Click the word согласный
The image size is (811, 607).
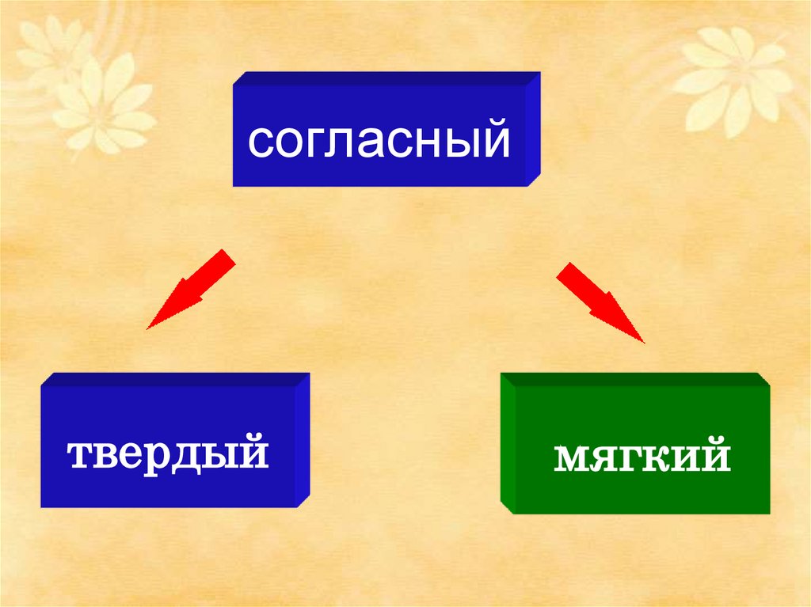click(x=379, y=140)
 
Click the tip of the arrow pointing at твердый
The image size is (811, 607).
click(x=148, y=328)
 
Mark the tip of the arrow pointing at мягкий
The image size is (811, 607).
click(x=643, y=341)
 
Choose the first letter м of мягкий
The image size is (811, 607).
click(x=571, y=458)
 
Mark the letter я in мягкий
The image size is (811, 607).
click(x=607, y=458)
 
